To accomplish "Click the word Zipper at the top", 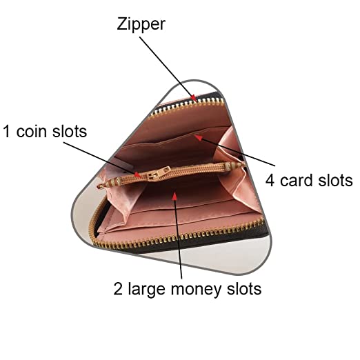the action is pos(141,24).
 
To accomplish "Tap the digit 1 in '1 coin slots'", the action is pos(6,132).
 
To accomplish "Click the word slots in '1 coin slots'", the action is pos(70,132).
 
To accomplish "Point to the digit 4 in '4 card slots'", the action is pos(270,180).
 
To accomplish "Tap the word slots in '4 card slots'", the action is pos(335,180).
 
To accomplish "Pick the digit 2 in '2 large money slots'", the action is pos(118,288).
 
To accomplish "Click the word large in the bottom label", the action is pos(147,290).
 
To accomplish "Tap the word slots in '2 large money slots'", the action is pos(244,288).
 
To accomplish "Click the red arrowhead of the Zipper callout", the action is pos(194,98).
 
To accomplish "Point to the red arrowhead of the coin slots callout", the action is pos(137,174).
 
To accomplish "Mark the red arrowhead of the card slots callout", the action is pos(199,137).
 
